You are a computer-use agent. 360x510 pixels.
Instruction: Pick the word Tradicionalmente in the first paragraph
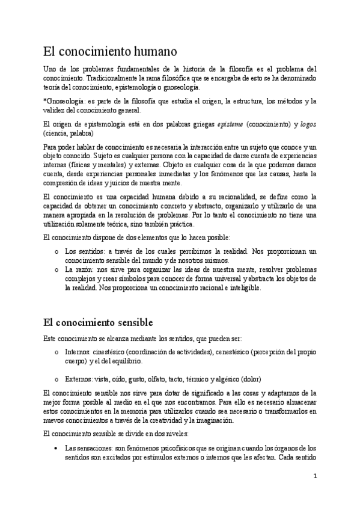coord(115,78)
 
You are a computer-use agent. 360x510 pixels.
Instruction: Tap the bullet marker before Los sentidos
coord(56,251)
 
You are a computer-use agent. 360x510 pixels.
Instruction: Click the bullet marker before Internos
coord(56,352)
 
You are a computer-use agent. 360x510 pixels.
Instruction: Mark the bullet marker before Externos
coord(56,379)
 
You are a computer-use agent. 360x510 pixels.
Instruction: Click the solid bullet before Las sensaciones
coord(55,449)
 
